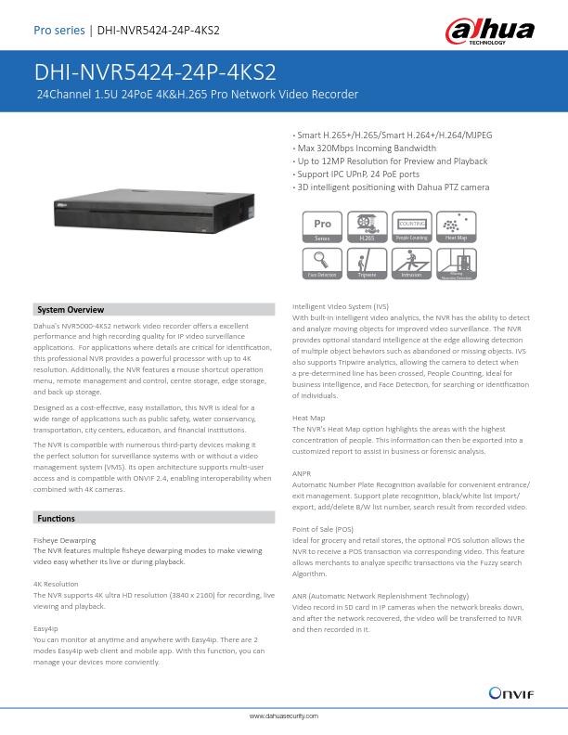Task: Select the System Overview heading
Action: pos(71,309)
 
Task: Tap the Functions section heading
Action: pos(56,517)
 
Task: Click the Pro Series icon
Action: pos(323,227)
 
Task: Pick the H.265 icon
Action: pos(367,227)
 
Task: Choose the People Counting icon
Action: pos(411,227)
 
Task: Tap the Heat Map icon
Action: pos(456,227)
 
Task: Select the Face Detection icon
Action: pos(323,263)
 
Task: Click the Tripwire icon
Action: pos(367,263)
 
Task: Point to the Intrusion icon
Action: pos(411,263)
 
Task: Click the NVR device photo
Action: pos(148,214)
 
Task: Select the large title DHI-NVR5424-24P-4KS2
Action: pos(155,73)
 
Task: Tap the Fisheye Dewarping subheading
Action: pos(63,539)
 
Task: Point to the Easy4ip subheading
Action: pos(45,628)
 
